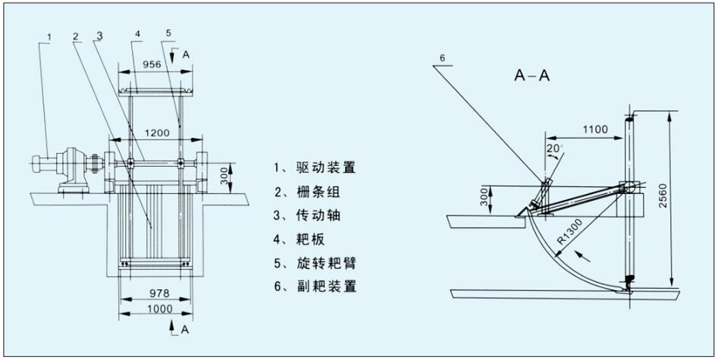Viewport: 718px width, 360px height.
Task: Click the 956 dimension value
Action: tap(152, 65)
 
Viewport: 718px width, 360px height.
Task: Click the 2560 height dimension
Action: tap(685, 199)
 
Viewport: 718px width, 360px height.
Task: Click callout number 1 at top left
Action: tap(49, 36)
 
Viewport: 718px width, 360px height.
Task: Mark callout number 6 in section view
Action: tap(444, 58)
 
